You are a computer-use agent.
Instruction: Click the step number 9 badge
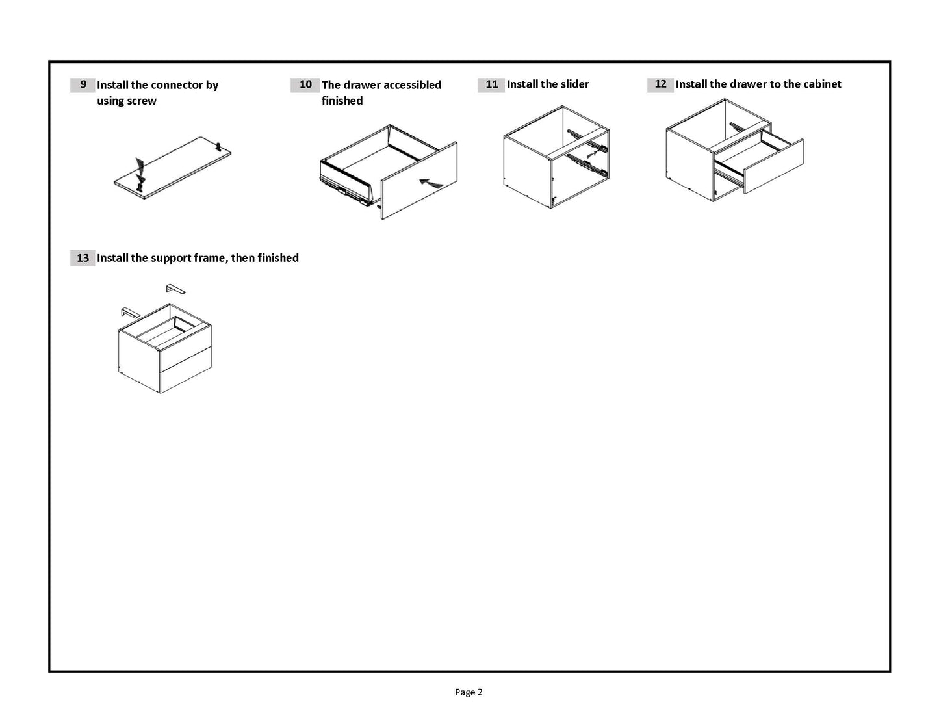pyautogui.click(x=83, y=84)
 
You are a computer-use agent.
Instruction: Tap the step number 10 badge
pyautogui.click(x=305, y=84)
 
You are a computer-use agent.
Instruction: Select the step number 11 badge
pyautogui.click(x=491, y=84)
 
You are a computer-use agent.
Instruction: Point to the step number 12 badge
pyautogui.click(x=660, y=84)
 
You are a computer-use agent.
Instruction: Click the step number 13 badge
pyautogui.click(x=83, y=258)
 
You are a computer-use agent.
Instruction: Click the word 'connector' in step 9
pyautogui.click(x=177, y=85)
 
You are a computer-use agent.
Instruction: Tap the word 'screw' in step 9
pyautogui.click(x=142, y=101)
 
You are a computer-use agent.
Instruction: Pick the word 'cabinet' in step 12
pyautogui.click(x=821, y=84)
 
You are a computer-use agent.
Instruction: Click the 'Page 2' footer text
pyautogui.click(x=469, y=692)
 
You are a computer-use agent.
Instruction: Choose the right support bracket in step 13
pyautogui.click(x=175, y=288)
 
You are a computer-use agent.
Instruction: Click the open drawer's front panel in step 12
pyautogui.click(x=773, y=166)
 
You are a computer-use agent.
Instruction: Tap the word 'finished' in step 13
pyautogui.click(x=278, y=258)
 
